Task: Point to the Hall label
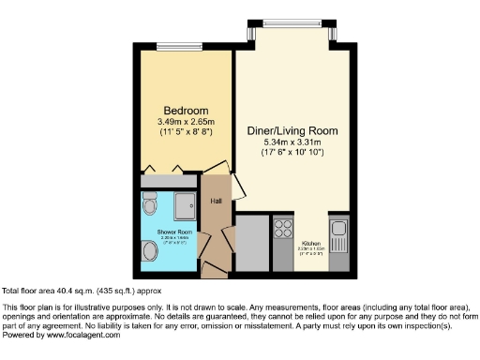point(216,202)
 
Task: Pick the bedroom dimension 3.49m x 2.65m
point(185,120)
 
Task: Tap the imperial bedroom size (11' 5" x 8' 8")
point(185,133)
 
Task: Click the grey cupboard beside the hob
point(252,244)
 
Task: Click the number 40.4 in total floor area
point(53,292)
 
